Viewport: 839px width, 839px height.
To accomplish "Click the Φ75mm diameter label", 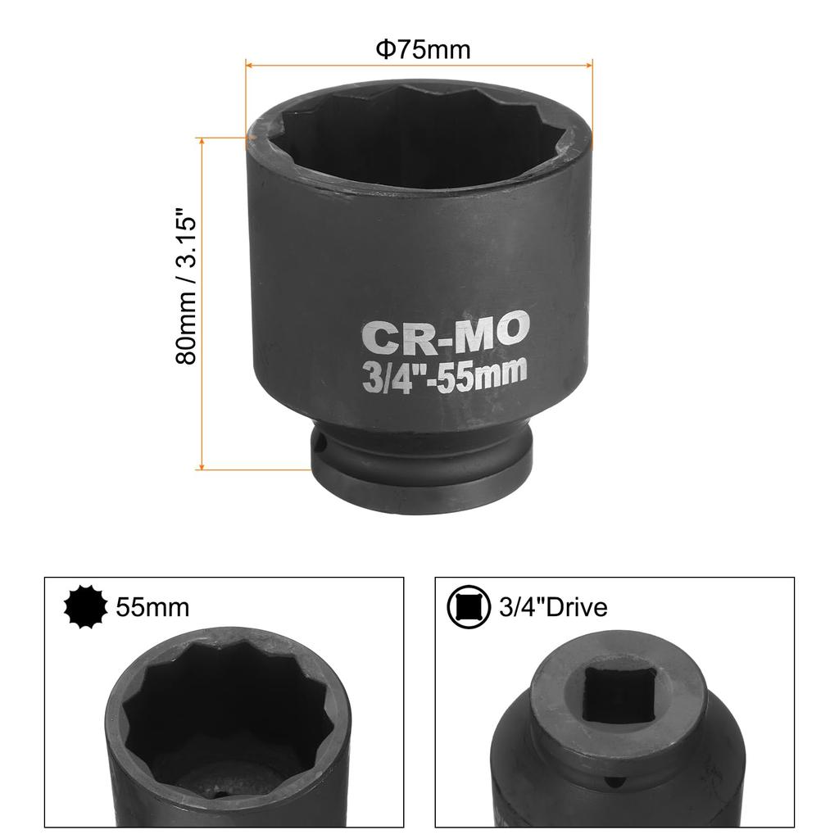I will (423, 50).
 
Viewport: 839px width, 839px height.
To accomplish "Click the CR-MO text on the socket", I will (447, 336).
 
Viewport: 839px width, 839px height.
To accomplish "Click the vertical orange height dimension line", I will (202, 303).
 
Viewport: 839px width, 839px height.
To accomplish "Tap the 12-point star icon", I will (86, 607).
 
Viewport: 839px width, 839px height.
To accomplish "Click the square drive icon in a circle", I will (467, 607).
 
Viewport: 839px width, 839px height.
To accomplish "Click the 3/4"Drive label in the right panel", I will (553, 607).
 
